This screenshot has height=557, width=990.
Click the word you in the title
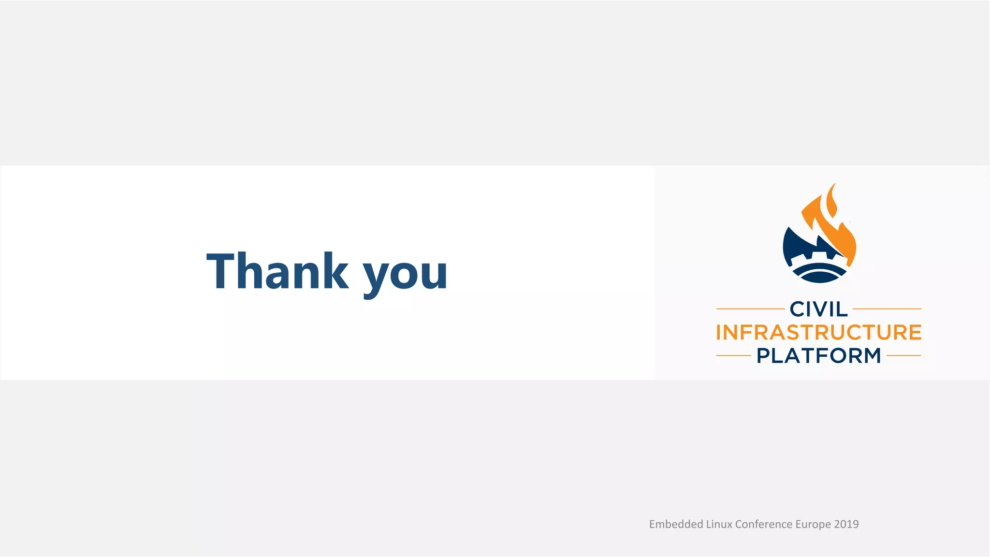[405, 275]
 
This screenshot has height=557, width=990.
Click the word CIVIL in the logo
[818, 309]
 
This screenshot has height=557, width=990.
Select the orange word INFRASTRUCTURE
[818, 333]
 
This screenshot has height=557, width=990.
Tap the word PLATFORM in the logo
[818, 356]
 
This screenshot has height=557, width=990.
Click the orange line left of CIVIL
[750, 308]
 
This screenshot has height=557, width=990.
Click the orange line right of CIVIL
[887, 308]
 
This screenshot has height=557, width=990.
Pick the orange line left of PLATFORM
[733, 355]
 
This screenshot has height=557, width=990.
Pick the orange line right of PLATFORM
[903, 355]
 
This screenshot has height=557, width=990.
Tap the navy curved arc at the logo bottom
[819, 277]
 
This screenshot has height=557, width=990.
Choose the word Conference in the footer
[764, 524]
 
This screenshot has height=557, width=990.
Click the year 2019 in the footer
[846, 524]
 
